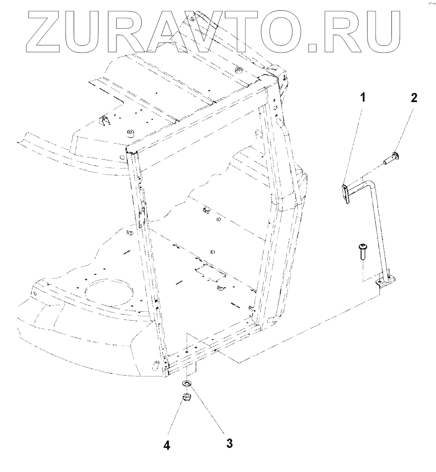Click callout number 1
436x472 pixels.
tap(362, 98)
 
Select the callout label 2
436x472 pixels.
tap(413, 98)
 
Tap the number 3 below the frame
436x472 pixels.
tap(230, 443)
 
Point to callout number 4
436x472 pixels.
tap(167, 445)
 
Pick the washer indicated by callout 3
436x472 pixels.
tap(187, 382)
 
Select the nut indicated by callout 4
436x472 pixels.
tap(187, 397)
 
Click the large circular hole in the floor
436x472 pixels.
tap(105, 291)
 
